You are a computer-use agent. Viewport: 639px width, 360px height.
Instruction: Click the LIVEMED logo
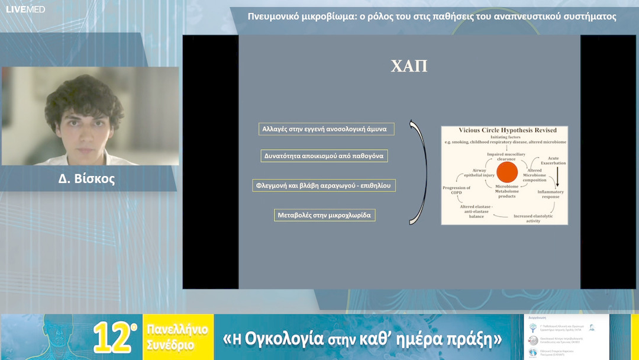click(25, 9)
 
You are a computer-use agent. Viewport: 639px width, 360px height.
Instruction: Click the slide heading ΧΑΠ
click(409, 66)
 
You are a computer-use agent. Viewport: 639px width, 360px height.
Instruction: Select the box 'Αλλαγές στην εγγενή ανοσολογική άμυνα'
click(325, 129)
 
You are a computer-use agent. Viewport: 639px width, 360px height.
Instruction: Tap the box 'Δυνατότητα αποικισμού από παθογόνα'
click(324, 156)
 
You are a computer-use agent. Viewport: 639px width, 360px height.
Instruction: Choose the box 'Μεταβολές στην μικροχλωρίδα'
click(325, 215)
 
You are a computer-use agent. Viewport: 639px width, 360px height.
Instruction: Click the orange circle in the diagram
click(507, 173)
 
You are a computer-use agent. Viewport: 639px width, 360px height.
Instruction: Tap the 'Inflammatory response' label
click(550, 195)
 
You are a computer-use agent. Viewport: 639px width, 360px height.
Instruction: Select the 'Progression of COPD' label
click(456, 190)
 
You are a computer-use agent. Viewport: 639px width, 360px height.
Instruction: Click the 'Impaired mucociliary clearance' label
click(503, 157)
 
